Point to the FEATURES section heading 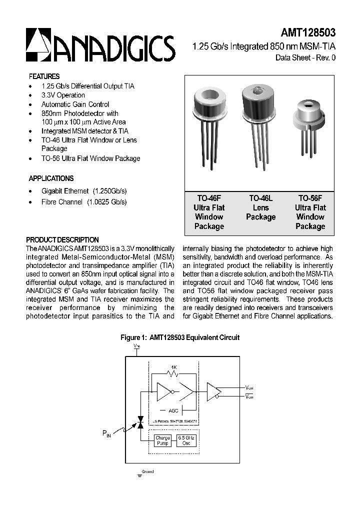tap(44, 76)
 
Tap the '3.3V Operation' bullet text tap(63, 95)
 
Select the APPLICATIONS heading tap(51, 178)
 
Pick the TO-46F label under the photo tap(208, 198)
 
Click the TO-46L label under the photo tap(260, 198)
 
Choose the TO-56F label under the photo tap(310, 198)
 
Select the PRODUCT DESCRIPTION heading tap(62, 239)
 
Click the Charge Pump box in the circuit tap(162, 440)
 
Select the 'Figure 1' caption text tap(180, 337)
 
